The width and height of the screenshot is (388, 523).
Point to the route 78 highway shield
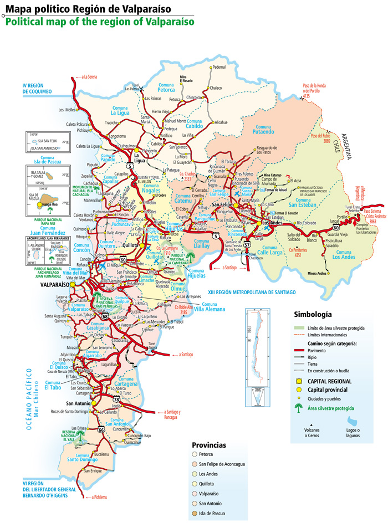pyautogui.click(x=117, y=399)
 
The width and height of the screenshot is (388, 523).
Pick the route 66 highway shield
pyautogui.click(x=101, y=429)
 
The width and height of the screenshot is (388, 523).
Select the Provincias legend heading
pyautogui.click(x=208, y=445)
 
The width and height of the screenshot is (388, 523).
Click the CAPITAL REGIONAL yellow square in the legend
pyautogui.click(x=299, y=381)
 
